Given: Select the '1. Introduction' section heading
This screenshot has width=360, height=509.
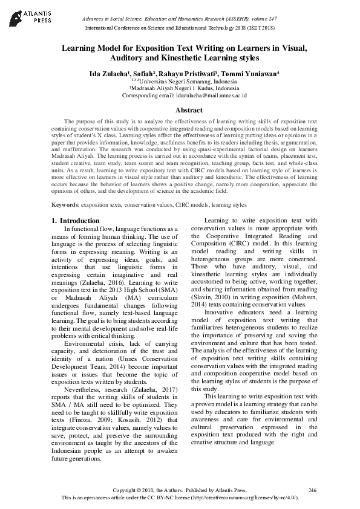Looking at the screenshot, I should coord(76,221).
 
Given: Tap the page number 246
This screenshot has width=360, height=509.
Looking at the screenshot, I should coord(312,490).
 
